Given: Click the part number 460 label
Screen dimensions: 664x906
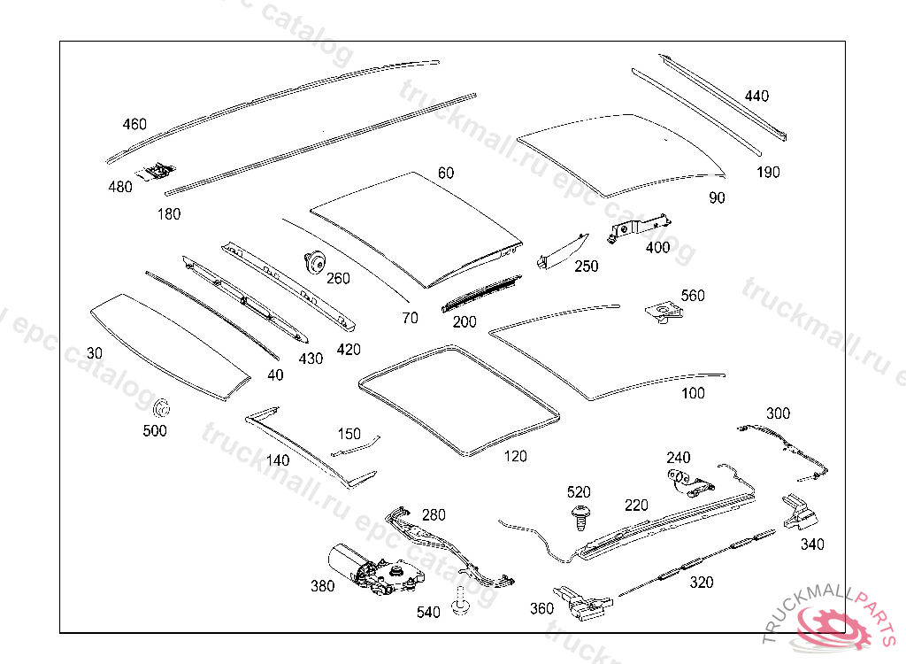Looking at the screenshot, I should [x=134, y=125].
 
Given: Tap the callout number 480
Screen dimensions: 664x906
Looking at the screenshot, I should [x=120, y=187].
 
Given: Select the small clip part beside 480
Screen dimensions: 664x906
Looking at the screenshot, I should [x=157, y=169].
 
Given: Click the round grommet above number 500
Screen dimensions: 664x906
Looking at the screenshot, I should [x=161, y=410].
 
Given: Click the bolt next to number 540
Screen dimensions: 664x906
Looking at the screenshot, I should [x=459, y=601].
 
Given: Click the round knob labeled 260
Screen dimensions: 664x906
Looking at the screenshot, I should [x=312, y=261].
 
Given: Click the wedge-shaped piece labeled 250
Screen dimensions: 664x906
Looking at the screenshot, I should [x=560, y=251].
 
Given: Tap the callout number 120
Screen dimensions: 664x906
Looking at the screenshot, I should [x=515, y=457].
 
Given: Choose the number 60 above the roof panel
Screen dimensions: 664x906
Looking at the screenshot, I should [x=445, y=173].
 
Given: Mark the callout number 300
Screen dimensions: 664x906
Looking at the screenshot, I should [x=779, y=413].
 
